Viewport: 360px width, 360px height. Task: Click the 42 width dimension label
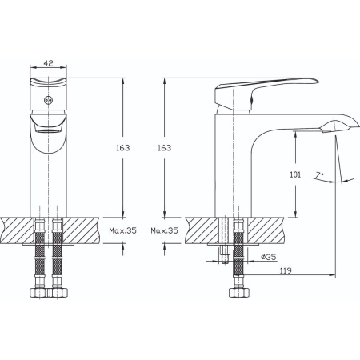(48, 63)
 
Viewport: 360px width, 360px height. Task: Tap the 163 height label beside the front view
(122, 148)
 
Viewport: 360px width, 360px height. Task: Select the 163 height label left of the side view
(164, 148)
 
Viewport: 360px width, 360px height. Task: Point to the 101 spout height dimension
(295, 174)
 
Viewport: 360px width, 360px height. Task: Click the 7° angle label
(318, 175)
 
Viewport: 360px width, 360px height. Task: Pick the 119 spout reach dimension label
(286, 270)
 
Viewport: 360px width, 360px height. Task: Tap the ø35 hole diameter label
(268, 257)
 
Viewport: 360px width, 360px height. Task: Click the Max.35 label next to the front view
(122, 230)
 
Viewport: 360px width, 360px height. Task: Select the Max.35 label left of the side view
(164, 230)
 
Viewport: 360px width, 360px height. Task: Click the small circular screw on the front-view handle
(48, 100)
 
